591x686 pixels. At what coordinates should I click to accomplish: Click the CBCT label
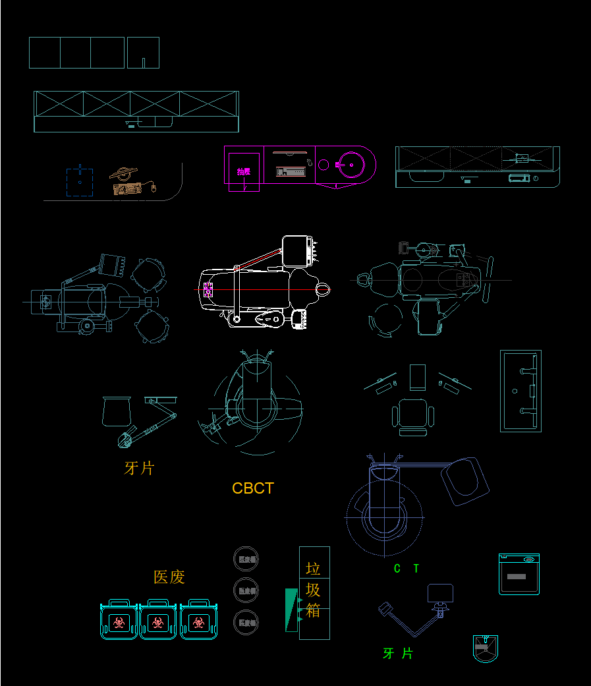(253, 488)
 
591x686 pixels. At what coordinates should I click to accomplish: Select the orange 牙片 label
(140, 468)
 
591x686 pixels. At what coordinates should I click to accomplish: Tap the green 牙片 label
(399, 653)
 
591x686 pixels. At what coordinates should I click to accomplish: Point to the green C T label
(406, 568)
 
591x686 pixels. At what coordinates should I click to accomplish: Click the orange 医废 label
(169, 577)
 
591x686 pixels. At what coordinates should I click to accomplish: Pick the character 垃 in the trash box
(314, 568)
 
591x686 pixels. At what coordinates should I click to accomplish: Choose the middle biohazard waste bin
(157, 621)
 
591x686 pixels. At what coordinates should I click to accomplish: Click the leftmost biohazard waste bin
(119, 621)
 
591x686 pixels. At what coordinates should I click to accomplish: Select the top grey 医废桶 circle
(246, 559)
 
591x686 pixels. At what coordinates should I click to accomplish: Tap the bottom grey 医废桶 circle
(246, 622)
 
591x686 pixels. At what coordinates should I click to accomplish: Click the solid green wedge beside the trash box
(291, 610)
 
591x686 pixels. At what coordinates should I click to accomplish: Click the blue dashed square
(80, 182)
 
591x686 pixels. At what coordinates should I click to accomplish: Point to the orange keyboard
(128, 189)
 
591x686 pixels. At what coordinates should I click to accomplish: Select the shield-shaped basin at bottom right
(486, 648)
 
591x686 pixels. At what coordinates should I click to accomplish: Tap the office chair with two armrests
(413, 417)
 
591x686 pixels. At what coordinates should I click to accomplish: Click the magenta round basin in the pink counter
(351, 163)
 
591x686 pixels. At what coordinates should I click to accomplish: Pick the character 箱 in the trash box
(314, 610)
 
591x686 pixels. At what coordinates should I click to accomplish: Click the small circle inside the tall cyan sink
(515, 391)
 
